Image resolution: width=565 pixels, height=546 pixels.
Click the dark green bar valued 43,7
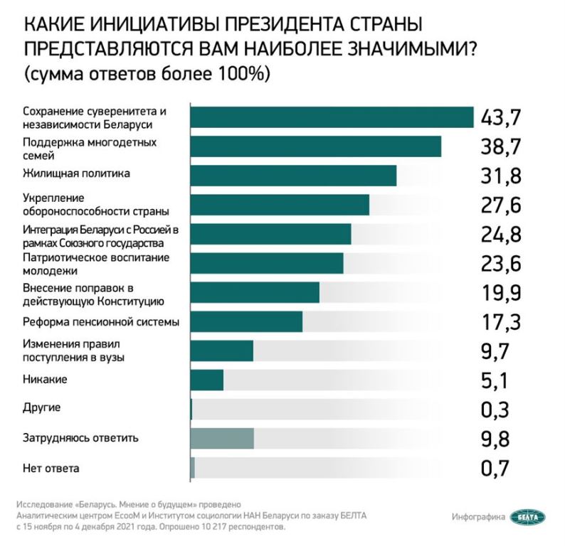pyautogui.click(x=332, y=117)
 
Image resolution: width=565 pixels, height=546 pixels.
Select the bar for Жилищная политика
pyautogui.click(x=293, y=176)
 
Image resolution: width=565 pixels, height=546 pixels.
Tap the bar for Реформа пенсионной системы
pyautogui.click(x=246, y=321)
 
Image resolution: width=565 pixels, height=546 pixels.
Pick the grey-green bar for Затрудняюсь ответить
pyautogui.click(x=222, y=439)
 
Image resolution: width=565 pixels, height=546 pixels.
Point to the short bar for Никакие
pyautogui.click(x=207, y=380)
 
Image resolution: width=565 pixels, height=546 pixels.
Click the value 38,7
pyautogui.click(x=502, y=147)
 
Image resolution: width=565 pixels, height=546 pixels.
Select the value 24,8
pyautogui.click(x=502, y=234)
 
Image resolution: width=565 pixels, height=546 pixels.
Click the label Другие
pyautogui.click(x=42, y=408)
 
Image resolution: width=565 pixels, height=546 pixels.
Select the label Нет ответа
pyautogui.click(x=51, y=468)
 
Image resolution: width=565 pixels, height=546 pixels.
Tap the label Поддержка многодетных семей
pyautogui.click(x=90, y=148)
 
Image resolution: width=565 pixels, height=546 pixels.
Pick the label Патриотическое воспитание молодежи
pyautogui.click(x=95, y=264)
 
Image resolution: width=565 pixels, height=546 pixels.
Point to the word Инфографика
pyautogui.click(x=478, y=517)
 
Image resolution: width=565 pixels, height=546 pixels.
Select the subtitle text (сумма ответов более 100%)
pyautogui.click(x=149, y=74)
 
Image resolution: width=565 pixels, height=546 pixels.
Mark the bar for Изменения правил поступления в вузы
pyautogui.click(x=222, y=351)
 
